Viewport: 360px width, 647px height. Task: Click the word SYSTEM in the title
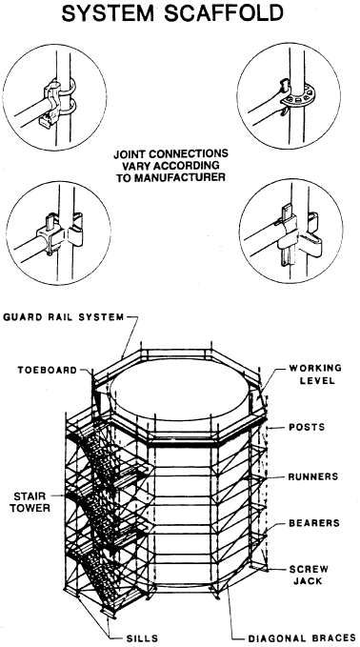tap(109, 12)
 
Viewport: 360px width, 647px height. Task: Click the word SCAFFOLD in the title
tap(224, 12)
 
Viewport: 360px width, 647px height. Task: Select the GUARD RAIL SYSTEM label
tap(64, 317)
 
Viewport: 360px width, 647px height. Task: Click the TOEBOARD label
tap(48, 370)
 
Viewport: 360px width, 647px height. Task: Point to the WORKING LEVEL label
tap(315, 374)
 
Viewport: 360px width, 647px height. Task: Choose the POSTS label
tap(307, 427)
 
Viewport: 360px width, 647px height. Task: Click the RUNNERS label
tap(313, 476)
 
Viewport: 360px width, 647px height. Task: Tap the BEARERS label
tap(314, 523)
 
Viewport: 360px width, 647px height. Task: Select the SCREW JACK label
tap(309, 576)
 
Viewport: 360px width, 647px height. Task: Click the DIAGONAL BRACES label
tap(302, 637)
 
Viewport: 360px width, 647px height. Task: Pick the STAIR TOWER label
tap(30, 501)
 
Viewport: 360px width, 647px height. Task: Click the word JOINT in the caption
tap(130, 154)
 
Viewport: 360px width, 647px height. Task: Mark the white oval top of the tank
tap(181, 391)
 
